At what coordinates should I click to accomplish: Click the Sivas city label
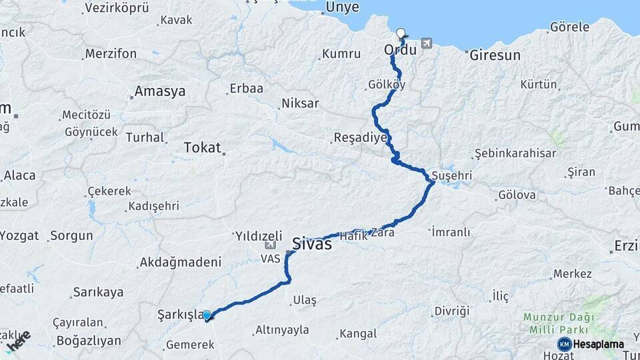312,244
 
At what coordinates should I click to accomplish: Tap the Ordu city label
400,50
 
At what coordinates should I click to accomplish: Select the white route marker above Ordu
401,33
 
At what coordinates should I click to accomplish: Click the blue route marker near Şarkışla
207,315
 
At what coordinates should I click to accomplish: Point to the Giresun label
495,55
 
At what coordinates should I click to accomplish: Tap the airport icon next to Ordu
426,44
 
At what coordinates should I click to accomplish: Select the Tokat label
202,148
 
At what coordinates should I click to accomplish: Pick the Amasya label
160,92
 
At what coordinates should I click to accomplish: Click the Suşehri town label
452,175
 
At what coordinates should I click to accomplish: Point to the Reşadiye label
360,139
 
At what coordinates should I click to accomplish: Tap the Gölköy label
387,85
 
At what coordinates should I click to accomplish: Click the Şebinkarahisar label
515,153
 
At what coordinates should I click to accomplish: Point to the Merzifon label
110,53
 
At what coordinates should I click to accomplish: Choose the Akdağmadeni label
180,263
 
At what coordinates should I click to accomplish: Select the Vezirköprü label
117,8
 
